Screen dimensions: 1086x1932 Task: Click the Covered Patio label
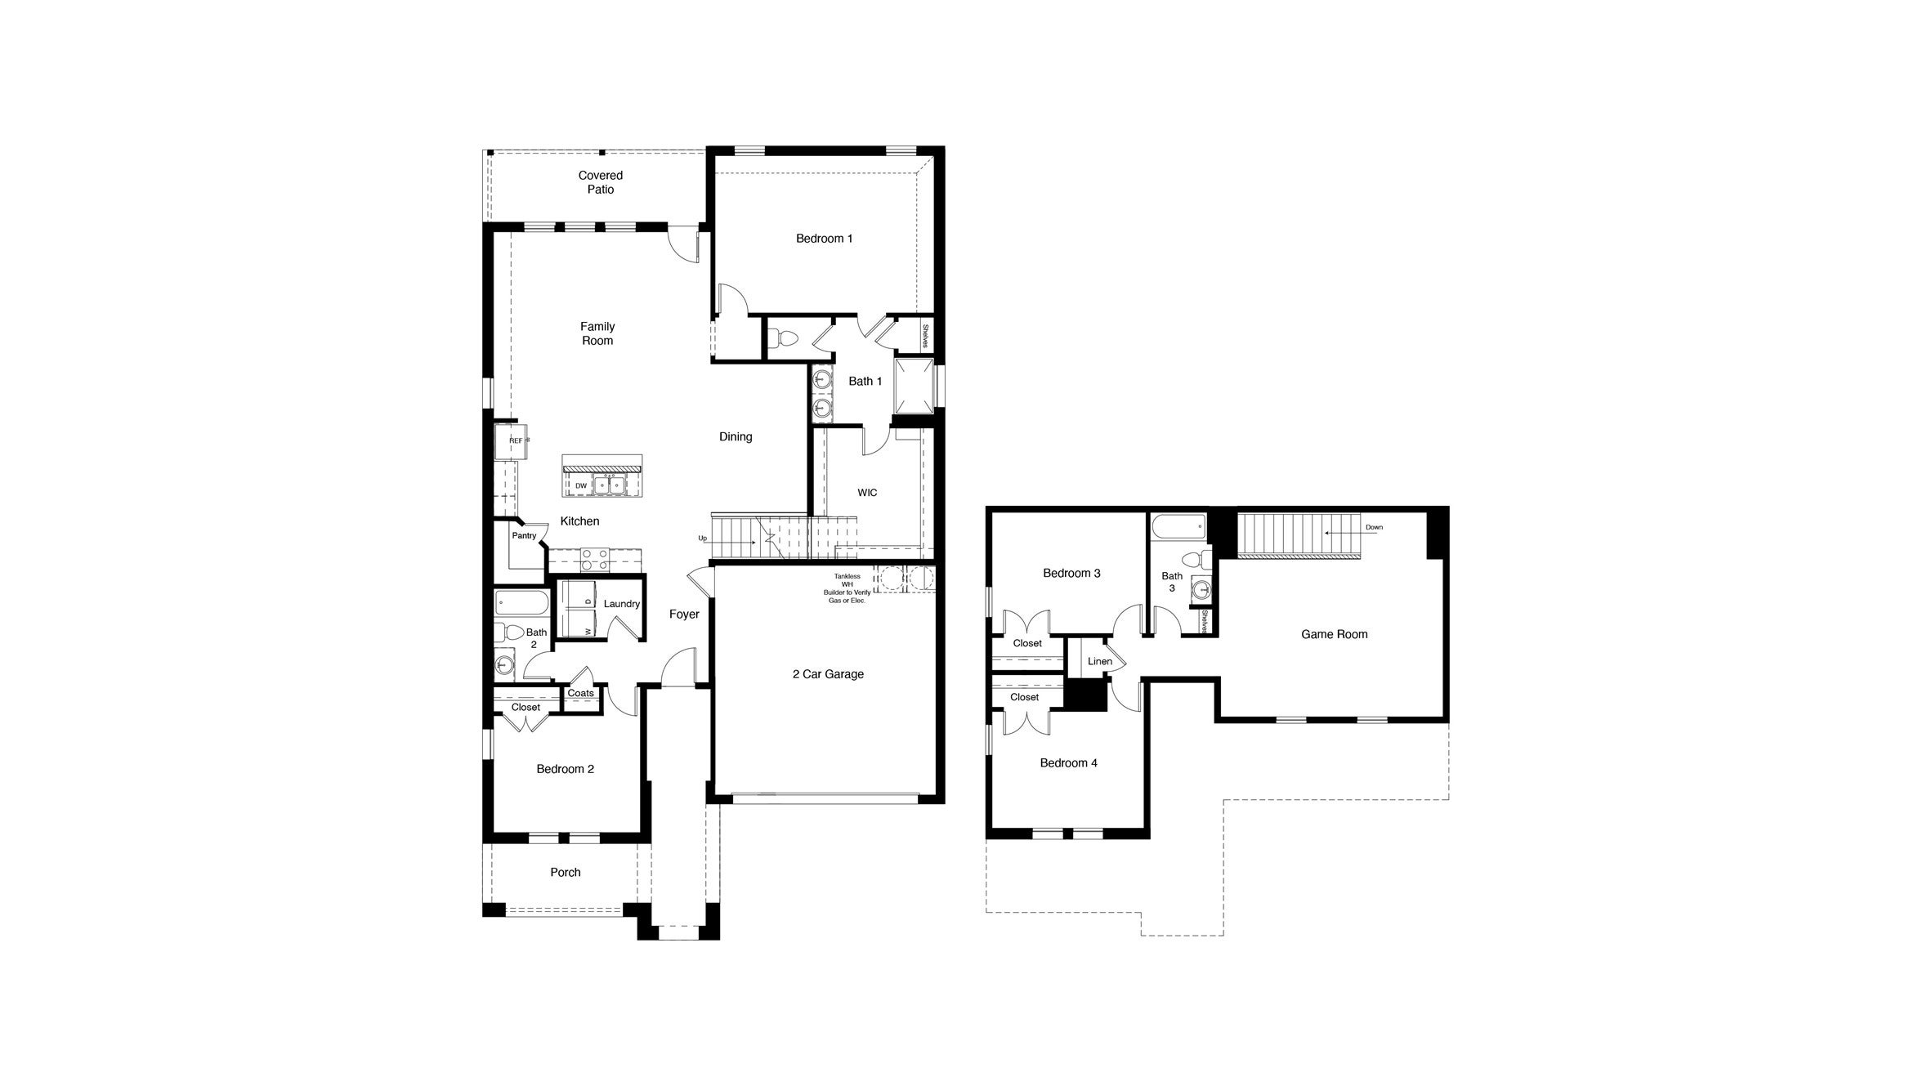600,182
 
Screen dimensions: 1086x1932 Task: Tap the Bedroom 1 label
824,239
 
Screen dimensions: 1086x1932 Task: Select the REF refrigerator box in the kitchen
511,441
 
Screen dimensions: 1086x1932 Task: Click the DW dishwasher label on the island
581,485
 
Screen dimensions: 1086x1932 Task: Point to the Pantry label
524,536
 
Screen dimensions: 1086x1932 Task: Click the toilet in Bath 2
512,632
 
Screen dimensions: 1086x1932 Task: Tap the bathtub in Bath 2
521,604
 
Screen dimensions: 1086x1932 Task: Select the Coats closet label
580,693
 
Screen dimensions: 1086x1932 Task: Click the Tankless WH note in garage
846,588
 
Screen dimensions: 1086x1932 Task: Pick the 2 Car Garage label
828,674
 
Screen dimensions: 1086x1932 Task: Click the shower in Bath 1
914,387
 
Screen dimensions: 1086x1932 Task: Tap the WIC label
867,493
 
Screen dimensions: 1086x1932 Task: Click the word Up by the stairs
702,538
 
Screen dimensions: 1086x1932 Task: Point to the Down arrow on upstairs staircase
1348,531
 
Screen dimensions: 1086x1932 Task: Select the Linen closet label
1099,661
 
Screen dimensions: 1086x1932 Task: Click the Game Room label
1334,634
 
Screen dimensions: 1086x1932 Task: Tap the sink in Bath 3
1201,590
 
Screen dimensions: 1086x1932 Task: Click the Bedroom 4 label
1068,763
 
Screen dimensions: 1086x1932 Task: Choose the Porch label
565,872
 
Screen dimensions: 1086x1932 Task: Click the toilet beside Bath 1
786,338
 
